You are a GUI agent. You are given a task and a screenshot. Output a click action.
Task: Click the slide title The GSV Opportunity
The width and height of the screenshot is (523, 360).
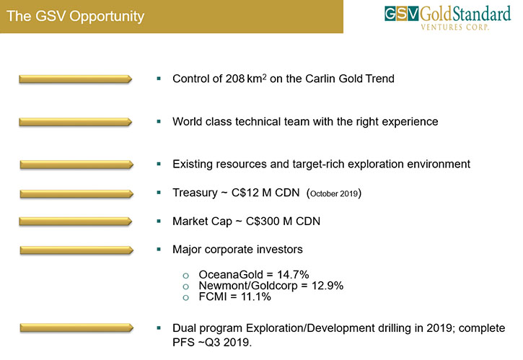click(75, 17)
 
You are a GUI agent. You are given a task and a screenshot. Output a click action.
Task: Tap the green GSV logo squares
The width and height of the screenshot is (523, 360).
click(401, 14)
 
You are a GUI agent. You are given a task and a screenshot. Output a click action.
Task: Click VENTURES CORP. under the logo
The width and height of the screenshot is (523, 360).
click(455, 27)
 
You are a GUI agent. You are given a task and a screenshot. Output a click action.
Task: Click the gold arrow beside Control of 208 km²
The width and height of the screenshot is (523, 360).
click(75, 79)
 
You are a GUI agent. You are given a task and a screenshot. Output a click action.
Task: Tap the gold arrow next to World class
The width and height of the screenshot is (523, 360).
click(75, 122)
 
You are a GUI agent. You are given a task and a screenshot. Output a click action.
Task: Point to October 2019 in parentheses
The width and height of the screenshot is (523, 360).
click(334, 193)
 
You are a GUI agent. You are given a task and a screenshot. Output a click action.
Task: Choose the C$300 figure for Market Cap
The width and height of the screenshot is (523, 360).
click(263, 221)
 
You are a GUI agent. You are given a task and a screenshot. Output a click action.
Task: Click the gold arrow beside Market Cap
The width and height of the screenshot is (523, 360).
click(75, 221)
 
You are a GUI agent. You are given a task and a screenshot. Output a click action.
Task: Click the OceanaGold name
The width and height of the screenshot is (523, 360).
click(231, 275)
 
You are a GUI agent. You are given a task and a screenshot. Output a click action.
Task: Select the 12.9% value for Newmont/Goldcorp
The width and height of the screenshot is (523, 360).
click(328, 286)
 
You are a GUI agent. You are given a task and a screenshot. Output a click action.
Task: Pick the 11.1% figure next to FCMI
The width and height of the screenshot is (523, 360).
click(256, 297)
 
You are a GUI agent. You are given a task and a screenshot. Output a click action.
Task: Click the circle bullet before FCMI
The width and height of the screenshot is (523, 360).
click(186, 298)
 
